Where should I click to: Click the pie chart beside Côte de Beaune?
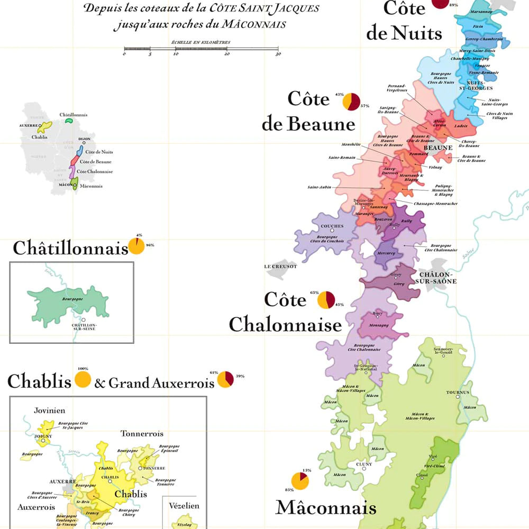click(x=351, y=102)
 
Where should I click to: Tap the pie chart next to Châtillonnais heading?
click(x=136, y=247)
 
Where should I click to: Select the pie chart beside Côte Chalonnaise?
click(x=326, y=300)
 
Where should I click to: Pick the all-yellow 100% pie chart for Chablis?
click(x=83, y=380)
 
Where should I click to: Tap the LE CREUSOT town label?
click(x=280, y=267)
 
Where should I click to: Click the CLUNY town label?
click(x=364, y=464)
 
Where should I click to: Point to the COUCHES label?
click(x=332, y=226)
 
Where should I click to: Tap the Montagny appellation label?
click(x=379, y=324)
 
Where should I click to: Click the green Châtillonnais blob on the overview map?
click(x=69, y=121)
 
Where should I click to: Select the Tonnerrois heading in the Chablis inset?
click(x=142, y=434)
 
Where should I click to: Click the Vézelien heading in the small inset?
click(x=184, y=506)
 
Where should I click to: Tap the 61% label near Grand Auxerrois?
click(x=214, y=372)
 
